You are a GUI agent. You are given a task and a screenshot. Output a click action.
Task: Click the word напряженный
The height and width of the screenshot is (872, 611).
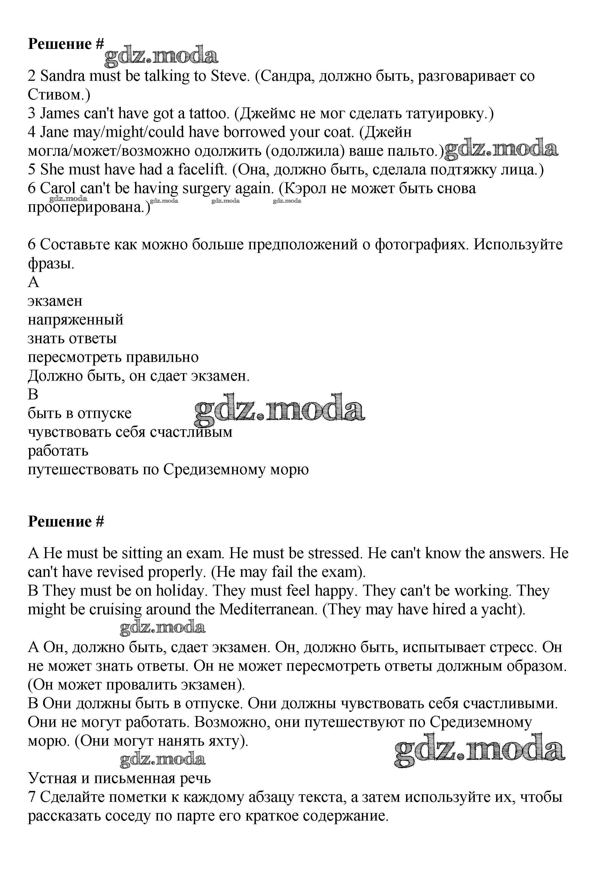(x=76, y=320)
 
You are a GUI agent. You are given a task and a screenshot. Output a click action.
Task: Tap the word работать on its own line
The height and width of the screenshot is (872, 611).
(x=58, y=451)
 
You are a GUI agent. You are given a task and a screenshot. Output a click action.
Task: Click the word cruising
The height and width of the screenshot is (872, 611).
(x=115, y=609)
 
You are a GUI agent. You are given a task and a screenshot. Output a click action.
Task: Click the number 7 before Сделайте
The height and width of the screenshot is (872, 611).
(x=32, y=797)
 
